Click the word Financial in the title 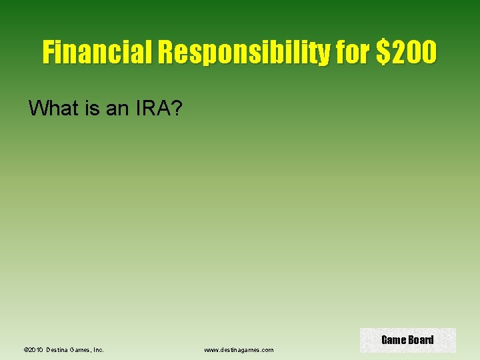[97, 52]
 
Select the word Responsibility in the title [243, 52]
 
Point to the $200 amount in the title [407, 52]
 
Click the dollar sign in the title [383, 52]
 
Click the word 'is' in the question [93, 108]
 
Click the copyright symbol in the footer [25, 349]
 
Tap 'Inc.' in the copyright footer [99, 349]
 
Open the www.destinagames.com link [239, 349]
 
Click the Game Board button [407, 340]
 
